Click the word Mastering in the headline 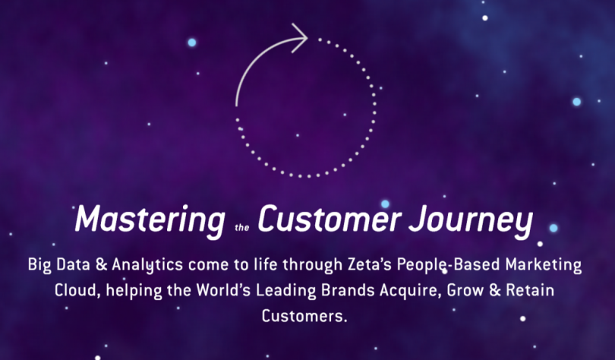pyautogui.click(x=150, y=220)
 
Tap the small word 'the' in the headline pyautogui.click(x=242, y=227)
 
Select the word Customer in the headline pyautogui.click(x=330, y=219)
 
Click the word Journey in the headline pyautogui.click(x=471, y=220)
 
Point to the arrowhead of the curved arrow pyautogui.click(x=300, y=38)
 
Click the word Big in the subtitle pyautogui.click(x=39, y=265)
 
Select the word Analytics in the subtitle pyautogui.click(x=147, y=265)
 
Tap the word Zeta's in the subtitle pyautogui.click(x=370, y=265)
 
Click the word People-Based pyautogui.click(x=448, y=265)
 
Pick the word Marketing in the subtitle pyautogui.click(x=543, y=265)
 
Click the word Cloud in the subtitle pyautogui.click(x=77, y=291)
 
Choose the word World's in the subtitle pyautogui.click(x=223, y=290)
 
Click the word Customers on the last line pyautogui.click(x=304, y=316)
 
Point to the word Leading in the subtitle pyautogui.click(x=286, y=291)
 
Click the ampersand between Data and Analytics pyautogui.click(x=101, y=265)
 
